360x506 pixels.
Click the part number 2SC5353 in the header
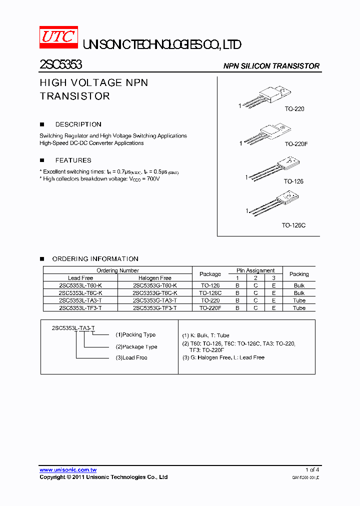pos(60,64)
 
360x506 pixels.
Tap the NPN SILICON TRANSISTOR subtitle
pos(271,66)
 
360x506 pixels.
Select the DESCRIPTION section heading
pos(78,124)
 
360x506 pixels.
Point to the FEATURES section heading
pos(73,160)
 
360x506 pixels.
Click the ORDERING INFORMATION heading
pos(95,259)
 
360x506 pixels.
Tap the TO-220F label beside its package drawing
pos(296,144)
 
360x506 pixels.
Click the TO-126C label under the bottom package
pos(293,225)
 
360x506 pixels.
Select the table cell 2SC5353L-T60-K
pos(80,285)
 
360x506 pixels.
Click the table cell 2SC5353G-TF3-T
pos(154,308)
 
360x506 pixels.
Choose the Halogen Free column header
pos(154,278)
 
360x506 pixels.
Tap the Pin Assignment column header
pos(255,270)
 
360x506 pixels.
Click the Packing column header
pos(299,274)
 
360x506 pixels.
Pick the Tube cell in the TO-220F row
pos(299,308)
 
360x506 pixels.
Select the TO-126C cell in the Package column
pos(210,293)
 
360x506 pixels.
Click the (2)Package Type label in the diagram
pos(136,346)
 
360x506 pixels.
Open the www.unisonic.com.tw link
pos(68,470)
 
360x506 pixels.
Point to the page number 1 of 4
pos(312,470)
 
